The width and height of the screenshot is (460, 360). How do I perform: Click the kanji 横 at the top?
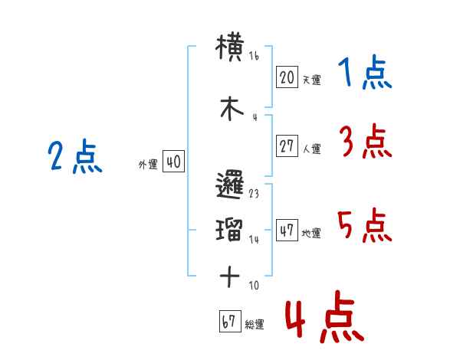coord(230,47)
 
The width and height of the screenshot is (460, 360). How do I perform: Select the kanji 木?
coord(232,109)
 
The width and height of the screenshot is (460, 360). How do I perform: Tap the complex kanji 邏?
coord(230,185)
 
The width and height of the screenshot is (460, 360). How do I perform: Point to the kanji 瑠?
coord(229,229)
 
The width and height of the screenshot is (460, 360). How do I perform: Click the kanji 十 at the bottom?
coord(230,277)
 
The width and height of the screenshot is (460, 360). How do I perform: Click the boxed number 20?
coord(287,77)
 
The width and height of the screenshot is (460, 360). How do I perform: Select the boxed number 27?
coord(287,146)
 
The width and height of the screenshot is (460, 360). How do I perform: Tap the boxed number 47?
coord(287,230)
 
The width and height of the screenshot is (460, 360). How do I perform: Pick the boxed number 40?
coord(174,162)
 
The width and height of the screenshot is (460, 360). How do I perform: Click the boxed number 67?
coord(230,321)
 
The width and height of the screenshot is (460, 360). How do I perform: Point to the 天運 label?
coord(312,80)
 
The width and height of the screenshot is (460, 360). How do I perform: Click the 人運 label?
coord(312,149)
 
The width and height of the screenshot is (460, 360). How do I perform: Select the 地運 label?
coord(311,233)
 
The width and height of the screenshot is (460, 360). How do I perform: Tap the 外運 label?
coord(148,164)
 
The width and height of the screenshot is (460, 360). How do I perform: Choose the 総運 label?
coord(255,324)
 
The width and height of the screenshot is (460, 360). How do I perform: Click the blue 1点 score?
coord(365,72)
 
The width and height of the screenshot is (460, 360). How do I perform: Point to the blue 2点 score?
coord(75,156)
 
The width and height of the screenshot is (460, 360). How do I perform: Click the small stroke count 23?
coord(254,194)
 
